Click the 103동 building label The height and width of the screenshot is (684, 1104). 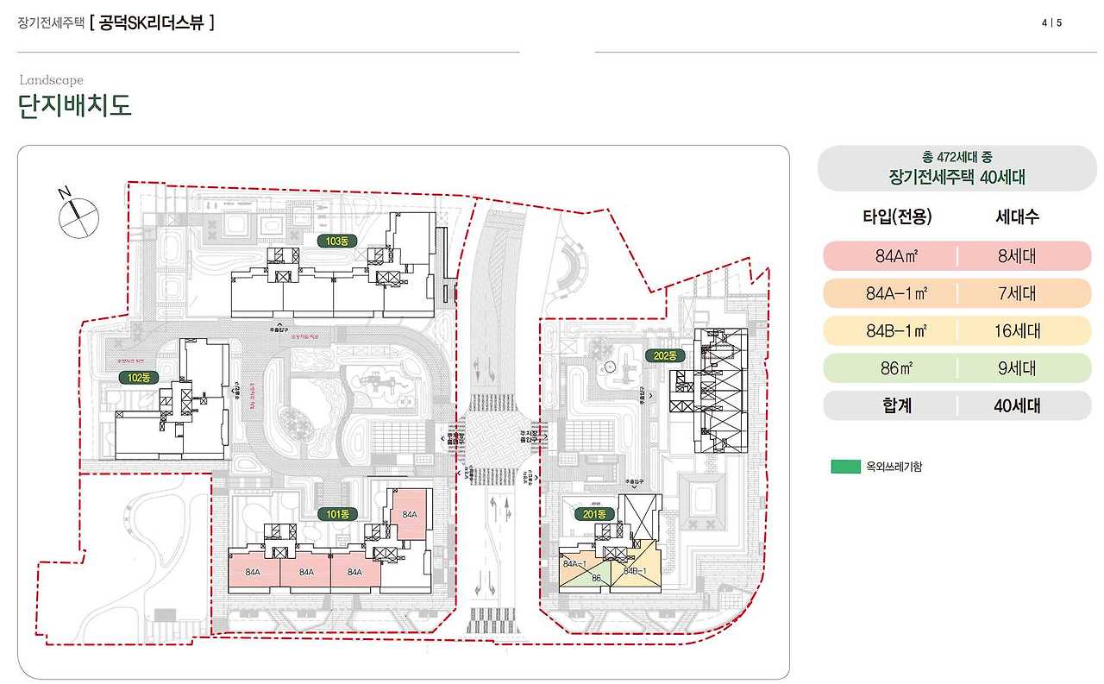coord(336,240)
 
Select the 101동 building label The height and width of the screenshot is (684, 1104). coord(336,514)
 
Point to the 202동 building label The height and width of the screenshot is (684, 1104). coord(665,355)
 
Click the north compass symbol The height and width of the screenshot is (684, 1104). coord(78,215)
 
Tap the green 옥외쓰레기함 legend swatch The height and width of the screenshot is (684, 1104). coord(844,467)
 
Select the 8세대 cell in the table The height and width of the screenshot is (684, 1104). coord(1017,256)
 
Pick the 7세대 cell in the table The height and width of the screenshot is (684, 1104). coord(1017,293)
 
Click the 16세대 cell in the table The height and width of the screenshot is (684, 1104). coord(1017,330)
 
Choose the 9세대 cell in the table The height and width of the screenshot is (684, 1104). coord(1017,368)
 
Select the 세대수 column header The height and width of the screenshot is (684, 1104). coord(1017,216)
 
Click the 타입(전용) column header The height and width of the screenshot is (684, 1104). coord(897,216)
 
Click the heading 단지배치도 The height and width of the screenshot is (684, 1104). coord(75,107)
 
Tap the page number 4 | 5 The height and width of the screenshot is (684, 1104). coord(1051,23)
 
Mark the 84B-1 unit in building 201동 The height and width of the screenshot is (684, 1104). coord(635,571)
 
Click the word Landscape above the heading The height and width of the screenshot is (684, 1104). coord(52,80)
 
